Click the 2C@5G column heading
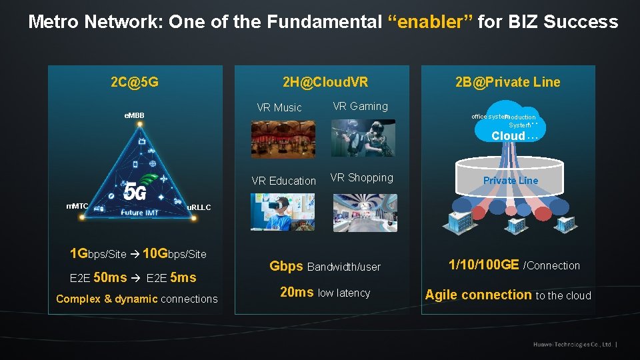coord(135,83)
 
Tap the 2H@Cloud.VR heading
coord(325,83)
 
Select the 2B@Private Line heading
coord(508,83)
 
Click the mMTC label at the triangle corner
coord(77,206)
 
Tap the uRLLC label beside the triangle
coord(199,207)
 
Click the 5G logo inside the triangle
coord(135,192)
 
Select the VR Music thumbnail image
coord(283,139)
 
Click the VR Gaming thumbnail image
coord(363,138)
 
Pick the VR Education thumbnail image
coord(283,212)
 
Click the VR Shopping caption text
coord(362,178)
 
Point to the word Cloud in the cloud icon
coord(508,136)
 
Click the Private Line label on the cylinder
coord(511,181)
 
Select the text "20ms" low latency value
coord(297,292)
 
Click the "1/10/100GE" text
coord(484,265)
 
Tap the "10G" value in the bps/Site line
coord(155,253)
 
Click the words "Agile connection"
coord(478,295)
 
